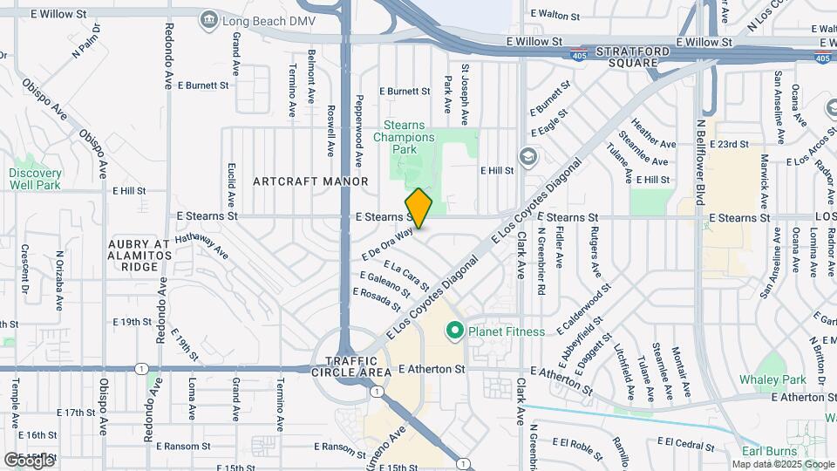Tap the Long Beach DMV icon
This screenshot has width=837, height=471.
[208, 19]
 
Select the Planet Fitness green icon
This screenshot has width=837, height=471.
[453, 331]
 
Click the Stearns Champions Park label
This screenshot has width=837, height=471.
[405, 137]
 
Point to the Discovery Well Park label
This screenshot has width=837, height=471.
[35, 179]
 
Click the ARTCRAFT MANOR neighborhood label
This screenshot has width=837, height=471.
[310, 181]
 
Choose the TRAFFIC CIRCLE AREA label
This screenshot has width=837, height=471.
[352, 366]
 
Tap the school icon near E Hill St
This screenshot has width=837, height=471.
[527, 156]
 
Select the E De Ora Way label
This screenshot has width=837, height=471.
[386, 244]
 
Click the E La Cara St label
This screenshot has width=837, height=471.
[405, 276]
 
